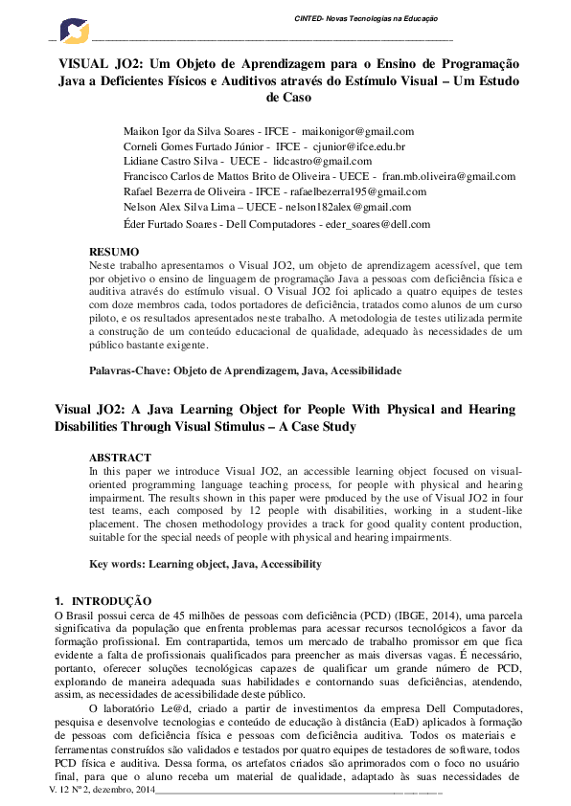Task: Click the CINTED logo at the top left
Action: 73,32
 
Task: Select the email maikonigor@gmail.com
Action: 357,131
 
